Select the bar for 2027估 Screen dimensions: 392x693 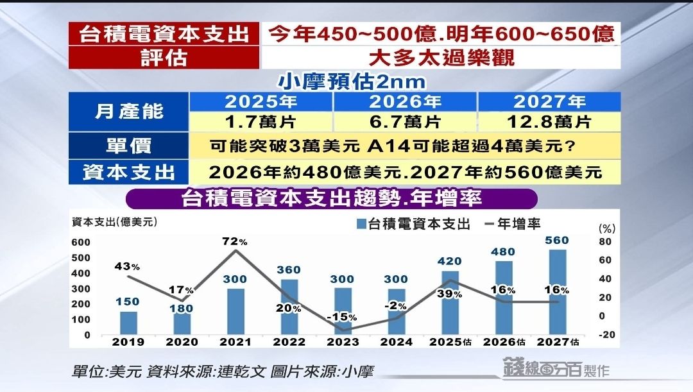click(x=558, y=292)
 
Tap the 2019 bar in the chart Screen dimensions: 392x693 click(x=129, y=323)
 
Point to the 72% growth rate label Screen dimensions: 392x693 click(x=234, y=241)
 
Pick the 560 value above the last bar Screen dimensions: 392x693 click(x=558, y=241)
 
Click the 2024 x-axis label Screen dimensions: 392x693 click(x=396, y=342)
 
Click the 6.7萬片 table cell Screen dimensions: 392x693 click(x=404, y=120)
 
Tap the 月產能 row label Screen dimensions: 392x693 click(x=129, y=111)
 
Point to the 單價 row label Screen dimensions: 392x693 click(x=129, y=146)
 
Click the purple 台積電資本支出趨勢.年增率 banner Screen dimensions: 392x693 click(x=332, y=198)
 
